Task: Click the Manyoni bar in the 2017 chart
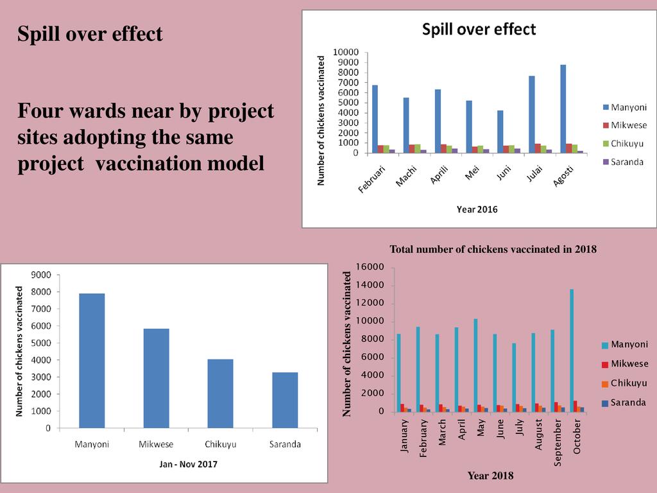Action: click(x=92, y=360)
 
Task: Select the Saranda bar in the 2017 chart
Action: click(x=285, y=399)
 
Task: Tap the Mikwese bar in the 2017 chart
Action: click(x=156, y=378)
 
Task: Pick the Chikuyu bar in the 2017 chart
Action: click(x=220, y=393)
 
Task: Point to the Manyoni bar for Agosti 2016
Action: click(x=563, y=108)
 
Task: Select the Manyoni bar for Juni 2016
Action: click(x=500, y=132)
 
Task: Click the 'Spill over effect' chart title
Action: click(x=479, y=29)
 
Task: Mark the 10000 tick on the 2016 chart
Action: click(x=345, y=52)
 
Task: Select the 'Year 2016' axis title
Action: click(x=477, y=209)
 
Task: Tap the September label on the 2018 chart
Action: click(x=558, y=442)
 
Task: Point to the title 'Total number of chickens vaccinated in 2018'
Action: click(x=493, y=249)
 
